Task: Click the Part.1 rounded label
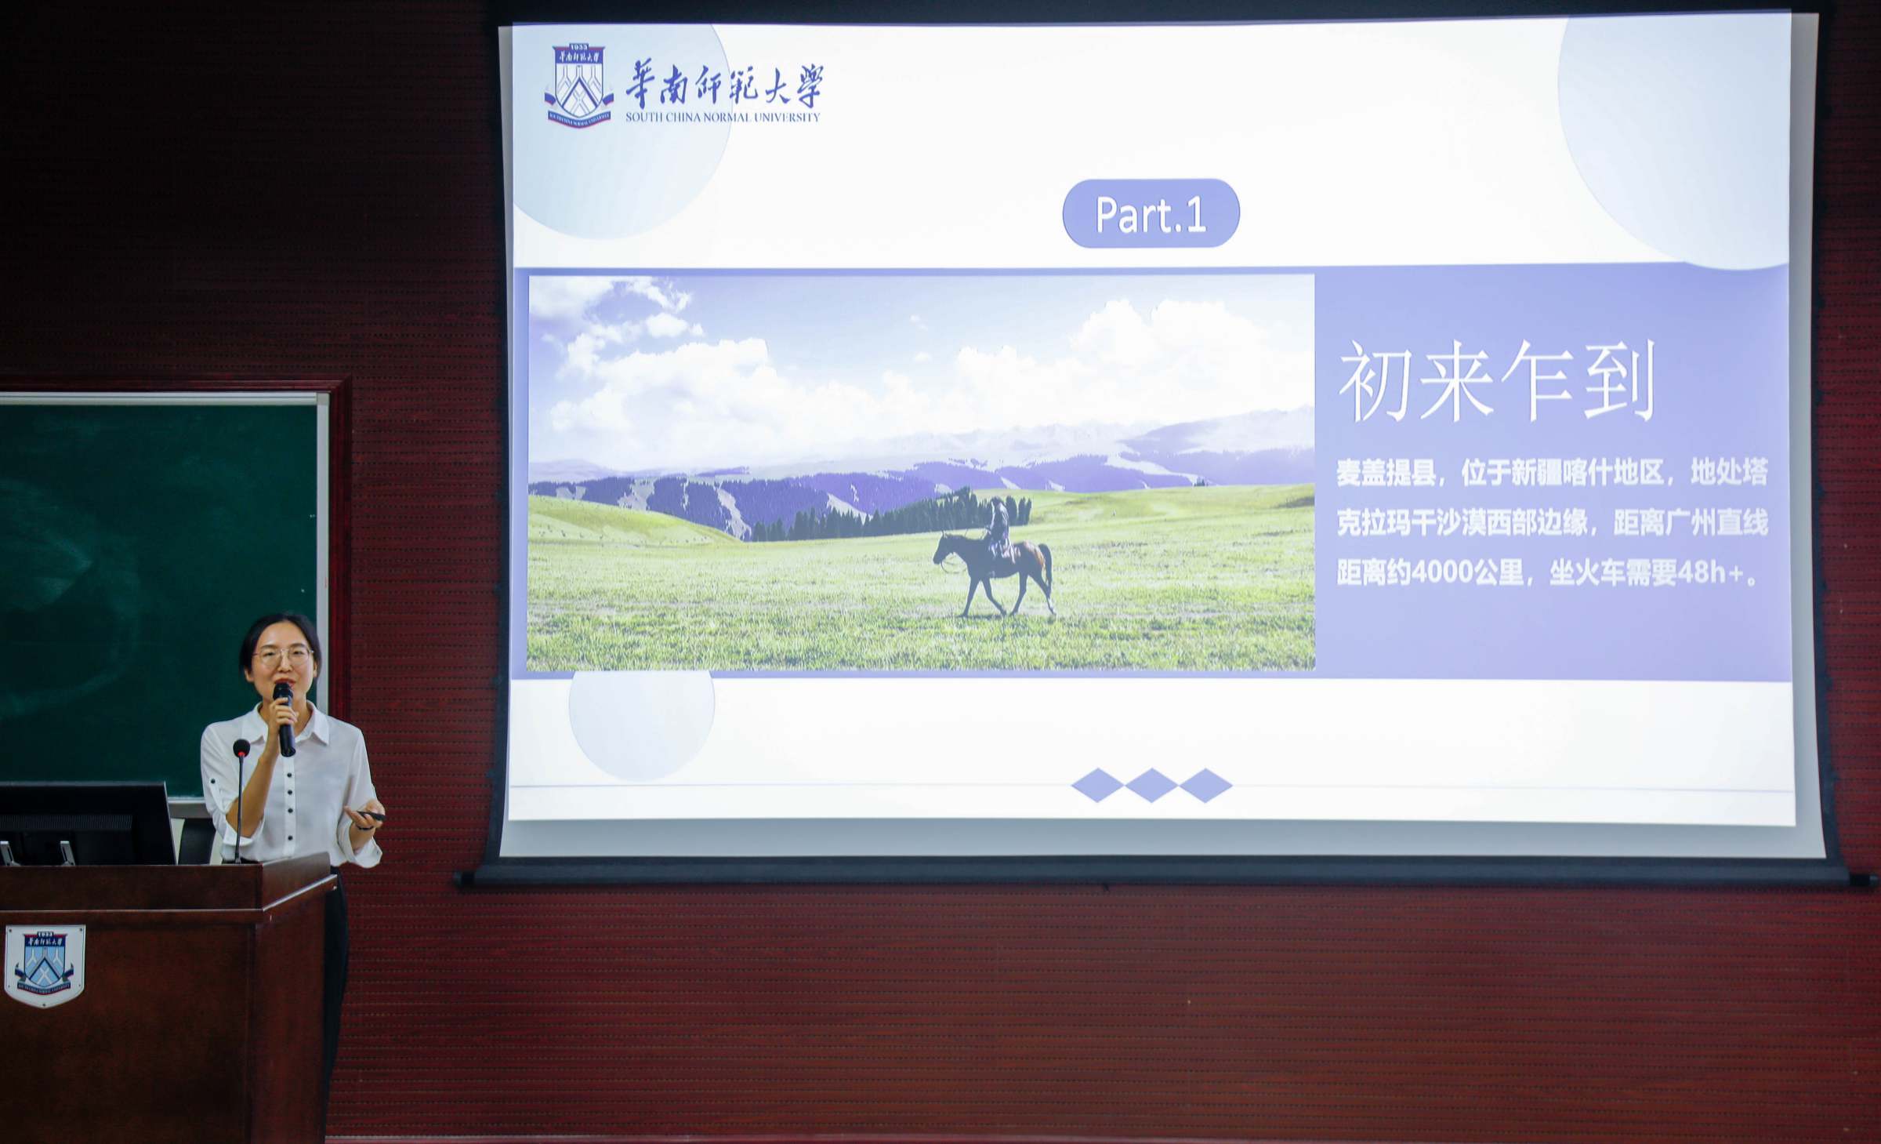1151,213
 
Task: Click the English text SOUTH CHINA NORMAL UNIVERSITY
722,118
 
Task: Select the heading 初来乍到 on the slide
1496,381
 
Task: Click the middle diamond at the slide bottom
1151,785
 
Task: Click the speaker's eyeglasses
283,657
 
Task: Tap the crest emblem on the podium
45,964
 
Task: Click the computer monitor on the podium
86,823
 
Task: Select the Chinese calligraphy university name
724,86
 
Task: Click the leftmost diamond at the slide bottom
1097,785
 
